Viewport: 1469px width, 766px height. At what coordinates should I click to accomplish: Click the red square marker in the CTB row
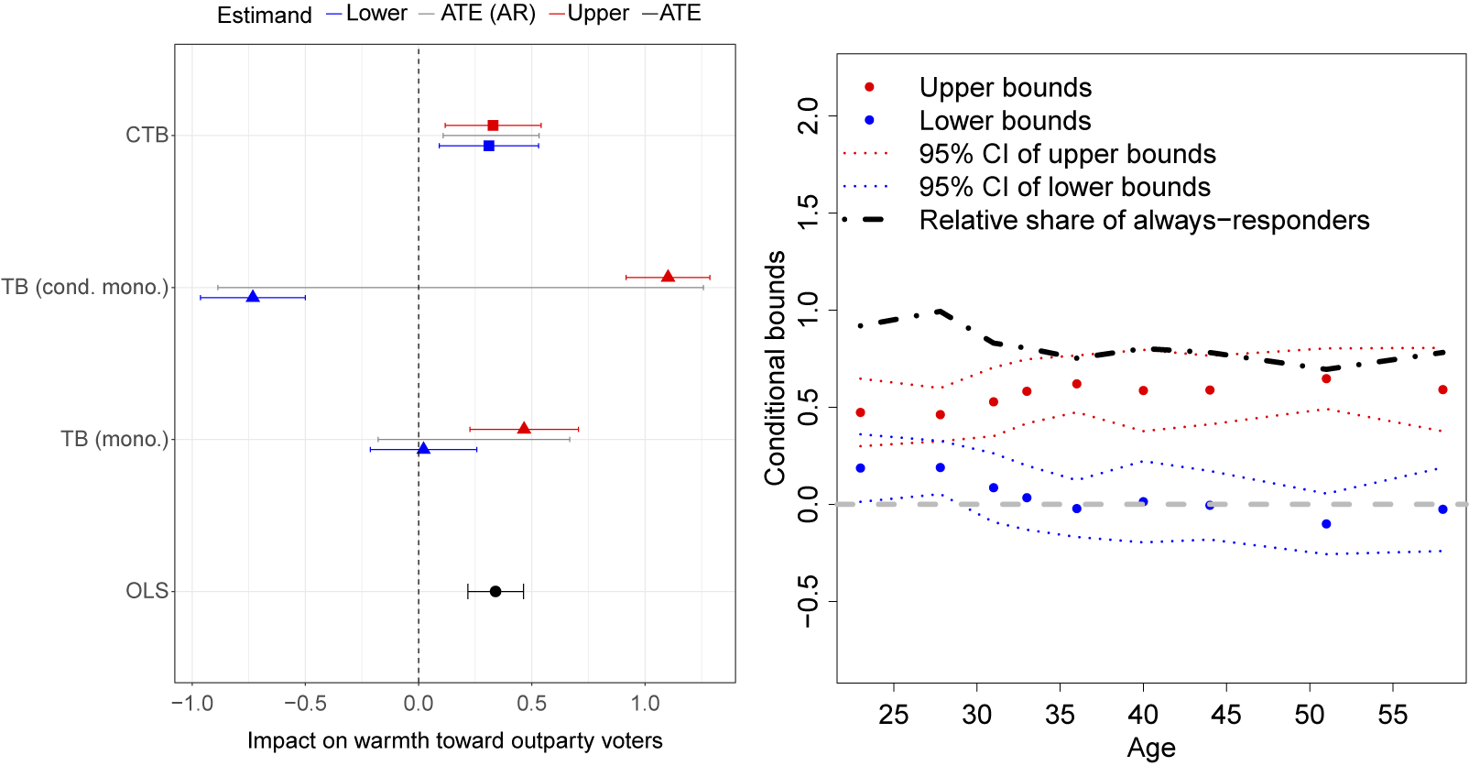pyautogui.click(x=493, y=125)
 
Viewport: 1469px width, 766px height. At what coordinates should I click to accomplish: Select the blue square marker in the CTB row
pyautogui.click(x=489, y=146)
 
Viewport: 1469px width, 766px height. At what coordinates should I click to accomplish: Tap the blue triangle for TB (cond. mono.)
pyautogui.click(x=253, y=297)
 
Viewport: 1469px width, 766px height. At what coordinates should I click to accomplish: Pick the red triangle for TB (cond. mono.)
pyautogui.click(x=668, y=277)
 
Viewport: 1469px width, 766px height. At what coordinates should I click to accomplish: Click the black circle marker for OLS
pyautogui.click(x=495, y=591)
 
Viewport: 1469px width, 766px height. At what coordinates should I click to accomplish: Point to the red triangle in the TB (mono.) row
pyautogui.click(x=524, y=429)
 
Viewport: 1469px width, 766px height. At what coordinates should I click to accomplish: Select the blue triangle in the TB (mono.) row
pyautogui.click(x=423, y=449)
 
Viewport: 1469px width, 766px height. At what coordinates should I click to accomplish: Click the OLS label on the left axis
pyautogui.click(x=147, y=591)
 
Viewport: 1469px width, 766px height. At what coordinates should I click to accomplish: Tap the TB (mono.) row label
pyautogui.click(x=114, y=439)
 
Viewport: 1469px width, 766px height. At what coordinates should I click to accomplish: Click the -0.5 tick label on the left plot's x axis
pyautogui.click(x=305, y=704)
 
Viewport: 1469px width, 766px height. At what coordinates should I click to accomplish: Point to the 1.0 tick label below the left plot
pyautogui.click(x=645, y=704)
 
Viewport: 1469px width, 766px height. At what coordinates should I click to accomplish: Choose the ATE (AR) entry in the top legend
pyautogui.click(x=487, y=14)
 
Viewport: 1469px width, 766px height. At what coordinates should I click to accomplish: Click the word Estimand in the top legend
pyautogui.click(x=264, y=16)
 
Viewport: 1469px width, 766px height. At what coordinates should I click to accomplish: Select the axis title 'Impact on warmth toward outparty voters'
pyautogui.click(x=454, y=740)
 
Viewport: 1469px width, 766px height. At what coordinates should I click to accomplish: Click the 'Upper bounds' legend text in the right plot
pyautogui.click(x=1005, y=88)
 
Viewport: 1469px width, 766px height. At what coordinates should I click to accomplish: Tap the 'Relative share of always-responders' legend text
pyautogui.click(x=1144, y=221)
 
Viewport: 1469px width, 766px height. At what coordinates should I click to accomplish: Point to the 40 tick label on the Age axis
pyautogui.click(x=1143, y=715)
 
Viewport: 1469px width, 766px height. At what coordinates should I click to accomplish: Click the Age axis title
pyautogui.click(x=1151, y=749)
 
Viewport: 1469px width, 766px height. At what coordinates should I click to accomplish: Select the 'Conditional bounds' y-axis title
pyautogui.click(x=776, y=367)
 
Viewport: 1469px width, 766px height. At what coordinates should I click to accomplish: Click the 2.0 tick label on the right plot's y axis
pyautogui.click(x=809, y=116)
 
